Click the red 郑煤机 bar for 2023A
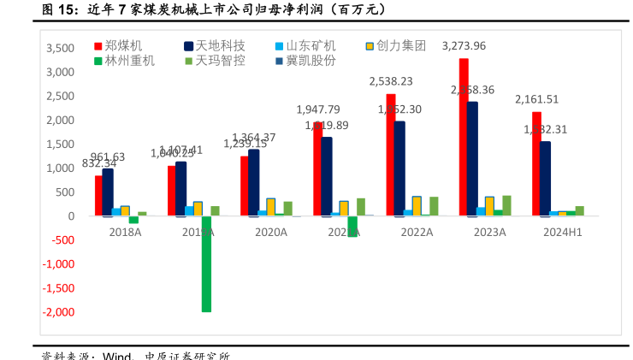tap(464, 137)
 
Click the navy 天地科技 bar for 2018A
tap(108, 192)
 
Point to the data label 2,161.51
tap(537, 99)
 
